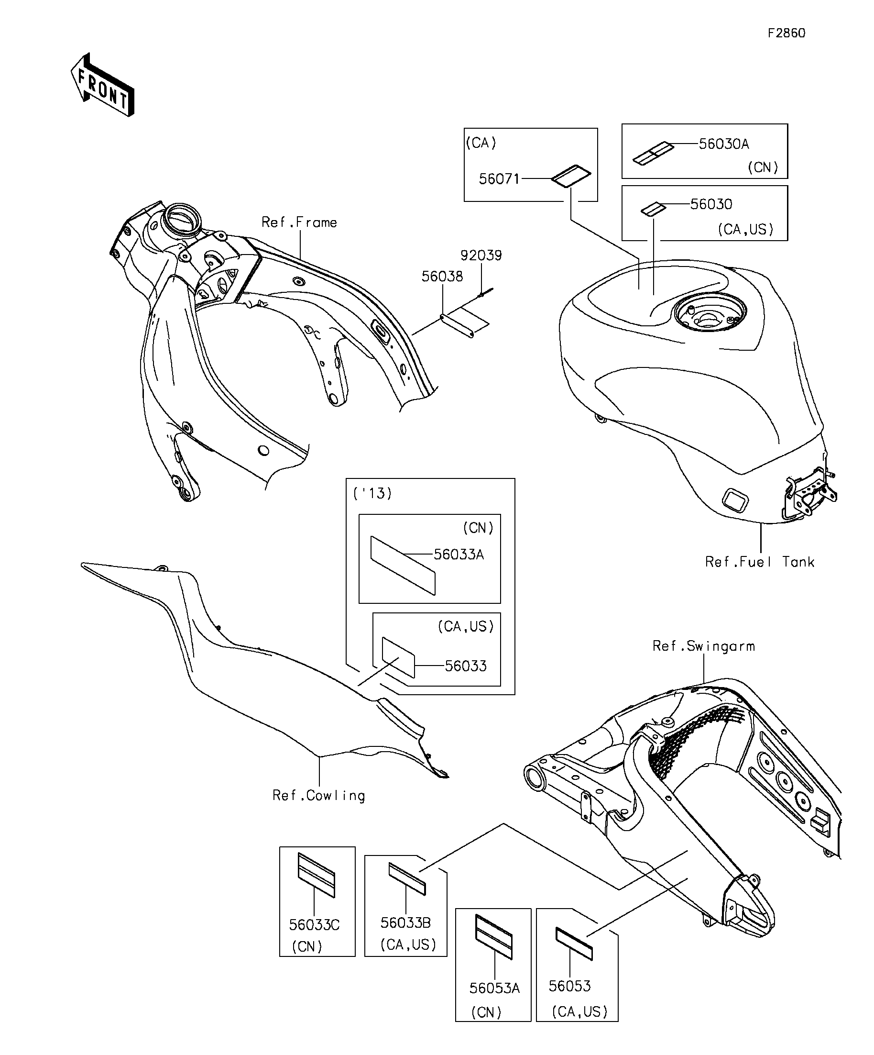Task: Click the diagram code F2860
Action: pos(787,33)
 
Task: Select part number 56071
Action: pos(499,179)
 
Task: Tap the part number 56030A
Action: pos(723,144)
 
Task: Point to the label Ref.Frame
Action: pos(299,222)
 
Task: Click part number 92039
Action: pos(481,255)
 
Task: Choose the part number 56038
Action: pos(442,277)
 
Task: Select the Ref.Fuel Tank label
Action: pos(759,562)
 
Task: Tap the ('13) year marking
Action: pos(372,493)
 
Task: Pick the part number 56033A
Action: pos(459,555)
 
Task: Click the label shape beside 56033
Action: pos(399,657)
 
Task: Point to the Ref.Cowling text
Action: pos(319,795)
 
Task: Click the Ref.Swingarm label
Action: pos(703,646)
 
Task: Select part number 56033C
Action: pos(314,925)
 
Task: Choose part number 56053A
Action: pos(494,988)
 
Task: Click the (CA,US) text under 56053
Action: pos(579,1011)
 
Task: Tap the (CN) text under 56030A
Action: pos(763,167)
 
